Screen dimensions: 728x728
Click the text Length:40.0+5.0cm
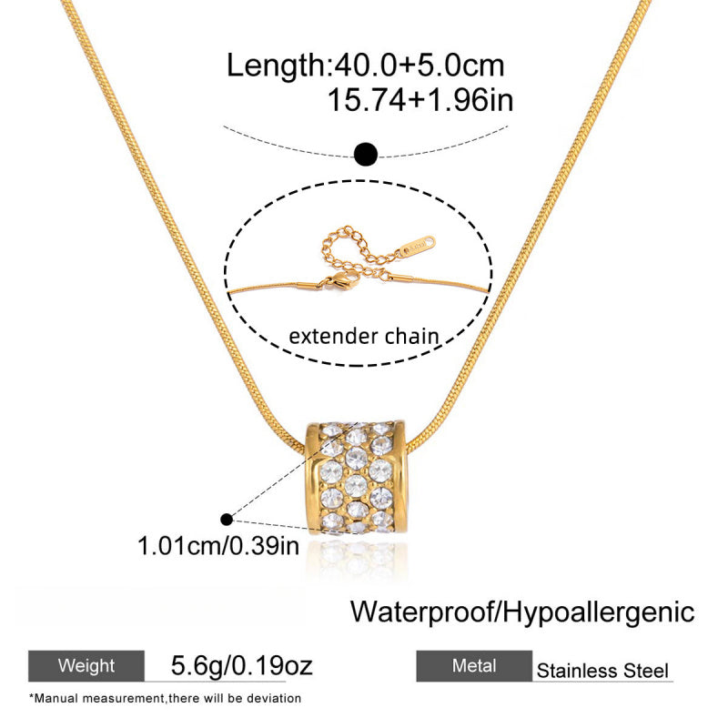365,66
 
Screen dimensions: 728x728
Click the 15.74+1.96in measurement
420,100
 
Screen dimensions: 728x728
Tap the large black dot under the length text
366,154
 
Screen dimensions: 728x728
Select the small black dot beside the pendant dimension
227,520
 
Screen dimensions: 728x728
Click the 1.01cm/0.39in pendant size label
218,545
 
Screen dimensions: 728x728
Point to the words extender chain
363,336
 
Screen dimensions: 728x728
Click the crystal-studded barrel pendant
356,479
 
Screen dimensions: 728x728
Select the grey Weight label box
86,666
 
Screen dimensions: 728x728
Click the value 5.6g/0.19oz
241,665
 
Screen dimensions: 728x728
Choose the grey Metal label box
474,666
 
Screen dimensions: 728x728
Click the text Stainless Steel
602,671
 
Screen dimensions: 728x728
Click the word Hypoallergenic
599,612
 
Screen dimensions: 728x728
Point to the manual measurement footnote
166,698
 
